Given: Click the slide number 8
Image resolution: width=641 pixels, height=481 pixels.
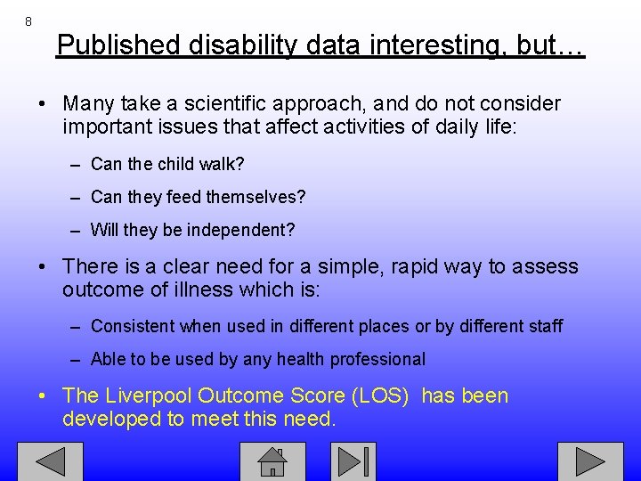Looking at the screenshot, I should (28, 20).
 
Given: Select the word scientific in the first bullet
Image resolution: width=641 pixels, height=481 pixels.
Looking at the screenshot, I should (226, 104).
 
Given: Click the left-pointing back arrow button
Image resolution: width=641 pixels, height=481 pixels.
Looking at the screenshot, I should (51, 461).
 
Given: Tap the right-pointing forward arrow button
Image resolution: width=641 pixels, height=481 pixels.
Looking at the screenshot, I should (590, 461).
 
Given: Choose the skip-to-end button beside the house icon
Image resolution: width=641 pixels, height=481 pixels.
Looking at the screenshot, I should (353, 461).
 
